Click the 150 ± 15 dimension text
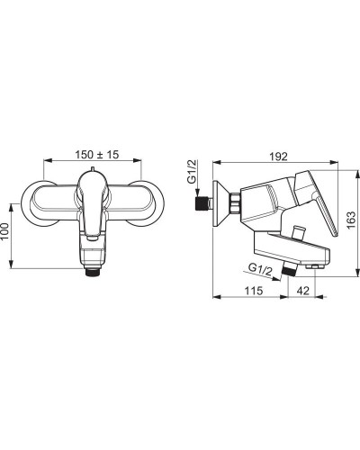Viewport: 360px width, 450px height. (x=97, y=155)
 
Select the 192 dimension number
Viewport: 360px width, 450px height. (x=277, y=157)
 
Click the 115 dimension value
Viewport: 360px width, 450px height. (x=254, y=291)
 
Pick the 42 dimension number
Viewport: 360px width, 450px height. (x=302, y=291)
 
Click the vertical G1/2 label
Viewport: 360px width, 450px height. (x=192, y=171)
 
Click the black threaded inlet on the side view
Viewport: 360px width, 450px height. (x=202, y=203)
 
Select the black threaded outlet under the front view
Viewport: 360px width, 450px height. (x=93, y=273)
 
